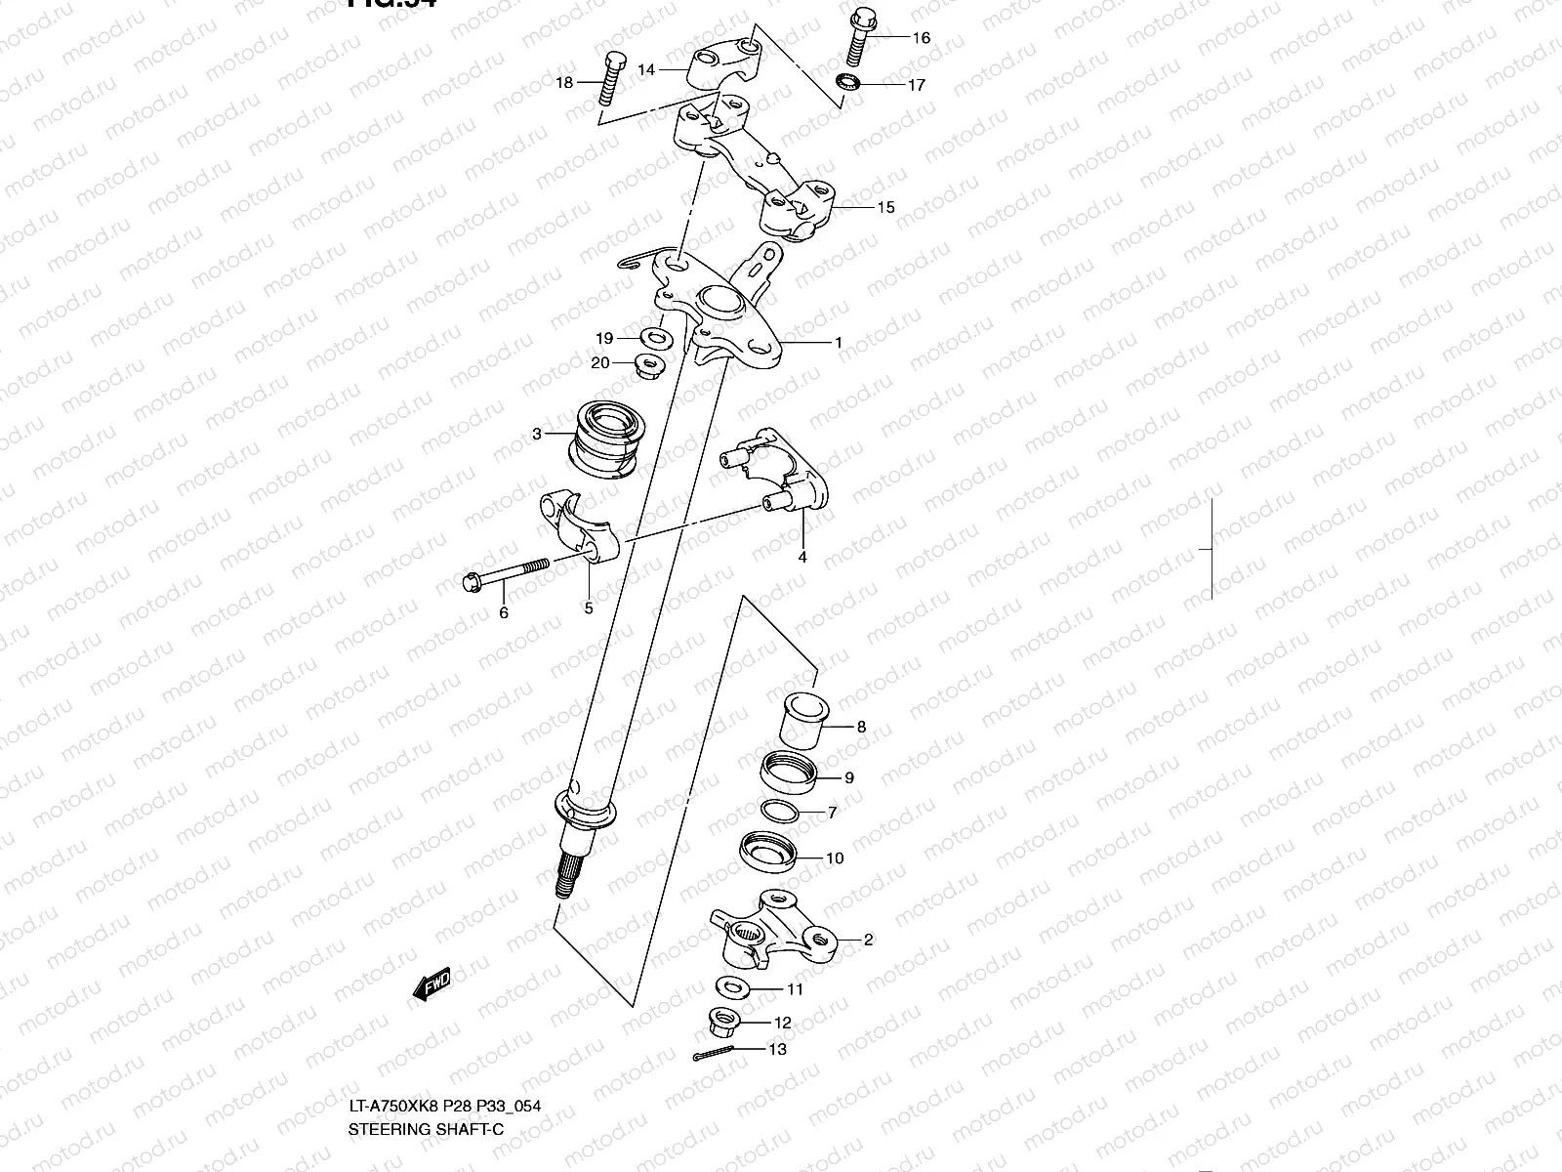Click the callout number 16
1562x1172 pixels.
(x=921, y=38)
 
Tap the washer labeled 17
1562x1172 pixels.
(x=848, y=81)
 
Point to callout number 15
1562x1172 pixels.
(x=885, y=207)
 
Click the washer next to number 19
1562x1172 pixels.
(x=655, y=339)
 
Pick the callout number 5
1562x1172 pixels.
(x=589, y=608)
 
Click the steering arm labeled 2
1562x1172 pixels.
(x=776, y=928)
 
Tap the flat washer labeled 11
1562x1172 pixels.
(x=734, y=986)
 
